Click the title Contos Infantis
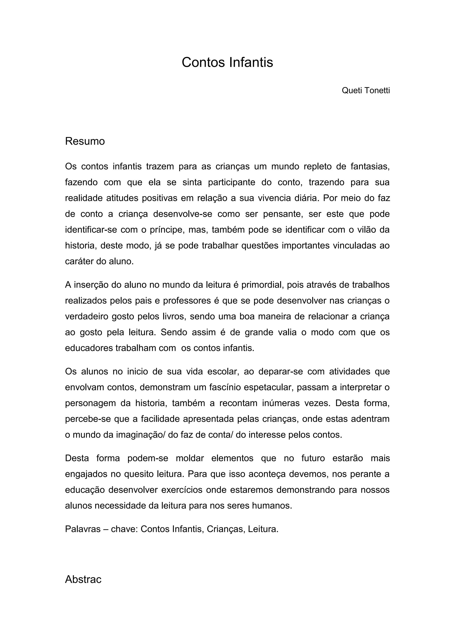pos(227,62)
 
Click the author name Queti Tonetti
pos(366,90)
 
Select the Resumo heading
pos(85,141)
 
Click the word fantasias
pos(370,166)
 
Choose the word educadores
pos(89,348)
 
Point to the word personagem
pos(90,403)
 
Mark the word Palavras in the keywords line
pos(83,529)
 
